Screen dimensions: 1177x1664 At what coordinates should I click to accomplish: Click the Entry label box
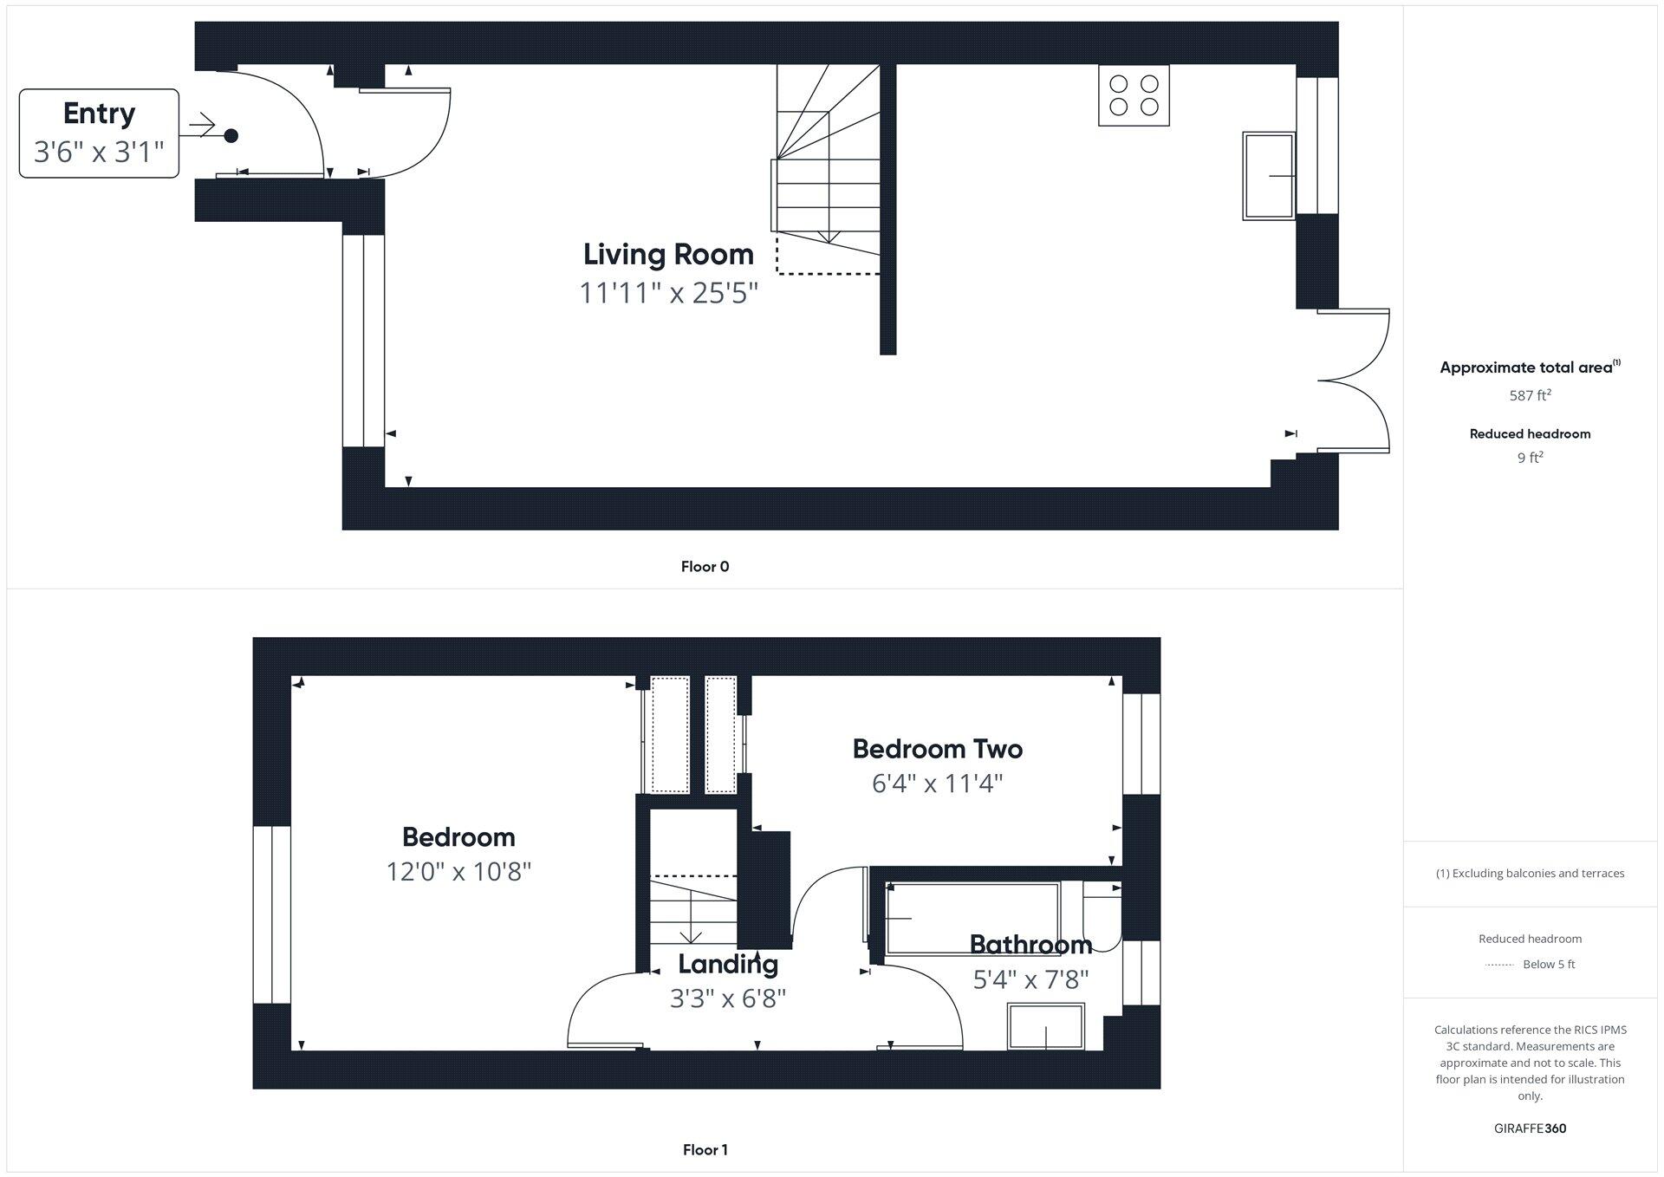[99, 133]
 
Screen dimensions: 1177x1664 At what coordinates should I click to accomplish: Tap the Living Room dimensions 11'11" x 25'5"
[668, 293]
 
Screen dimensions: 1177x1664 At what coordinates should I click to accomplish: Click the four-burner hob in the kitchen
[1134, 95]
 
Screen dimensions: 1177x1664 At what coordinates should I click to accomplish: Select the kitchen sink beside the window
[1269, 176]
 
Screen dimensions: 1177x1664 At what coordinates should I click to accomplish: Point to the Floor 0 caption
[705, 567]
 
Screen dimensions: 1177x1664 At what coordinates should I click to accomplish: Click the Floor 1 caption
[705, 1150]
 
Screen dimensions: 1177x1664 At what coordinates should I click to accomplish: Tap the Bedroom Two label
[937, 749]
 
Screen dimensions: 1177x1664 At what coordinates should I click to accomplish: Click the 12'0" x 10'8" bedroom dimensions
[458, 871]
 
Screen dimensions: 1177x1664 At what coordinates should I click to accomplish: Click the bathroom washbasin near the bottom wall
[1046, 1026]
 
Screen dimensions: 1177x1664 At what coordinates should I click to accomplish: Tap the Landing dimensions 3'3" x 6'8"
[727, 998]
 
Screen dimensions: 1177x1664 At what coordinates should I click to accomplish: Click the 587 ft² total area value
[1530, 395]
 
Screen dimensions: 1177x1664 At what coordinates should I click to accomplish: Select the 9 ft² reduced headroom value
[1530, 458]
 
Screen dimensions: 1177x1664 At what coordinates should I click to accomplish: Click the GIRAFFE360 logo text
[1530, 1128]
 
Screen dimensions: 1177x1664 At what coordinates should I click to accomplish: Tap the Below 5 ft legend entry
[1548, 965]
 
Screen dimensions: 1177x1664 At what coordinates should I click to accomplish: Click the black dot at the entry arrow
[231, 135]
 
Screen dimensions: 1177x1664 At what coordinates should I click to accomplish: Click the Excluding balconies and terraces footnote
[1530, 874]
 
